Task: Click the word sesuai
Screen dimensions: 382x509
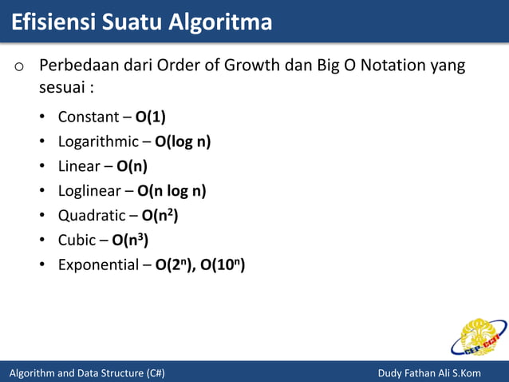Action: pyautogui.click(x=63, y=86)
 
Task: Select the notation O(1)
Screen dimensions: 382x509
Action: pyautogui.click(x=150, y=117)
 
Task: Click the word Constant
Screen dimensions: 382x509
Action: pyautogui.click(x=88, y=117)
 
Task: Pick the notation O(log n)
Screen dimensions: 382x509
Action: pyautogui.click(x=183, y=142)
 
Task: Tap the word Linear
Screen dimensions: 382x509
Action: pyautogui.click(x=78, y=166)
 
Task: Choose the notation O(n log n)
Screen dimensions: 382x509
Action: pyautogui.click(x=172, y=191)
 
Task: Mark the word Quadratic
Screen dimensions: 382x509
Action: pyautogui.click(x=92, y=216)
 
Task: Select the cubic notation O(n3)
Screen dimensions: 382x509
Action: pyautogui.click(x=130, y=240)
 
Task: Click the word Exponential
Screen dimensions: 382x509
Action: pyautogui.click(x=98, y=265)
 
